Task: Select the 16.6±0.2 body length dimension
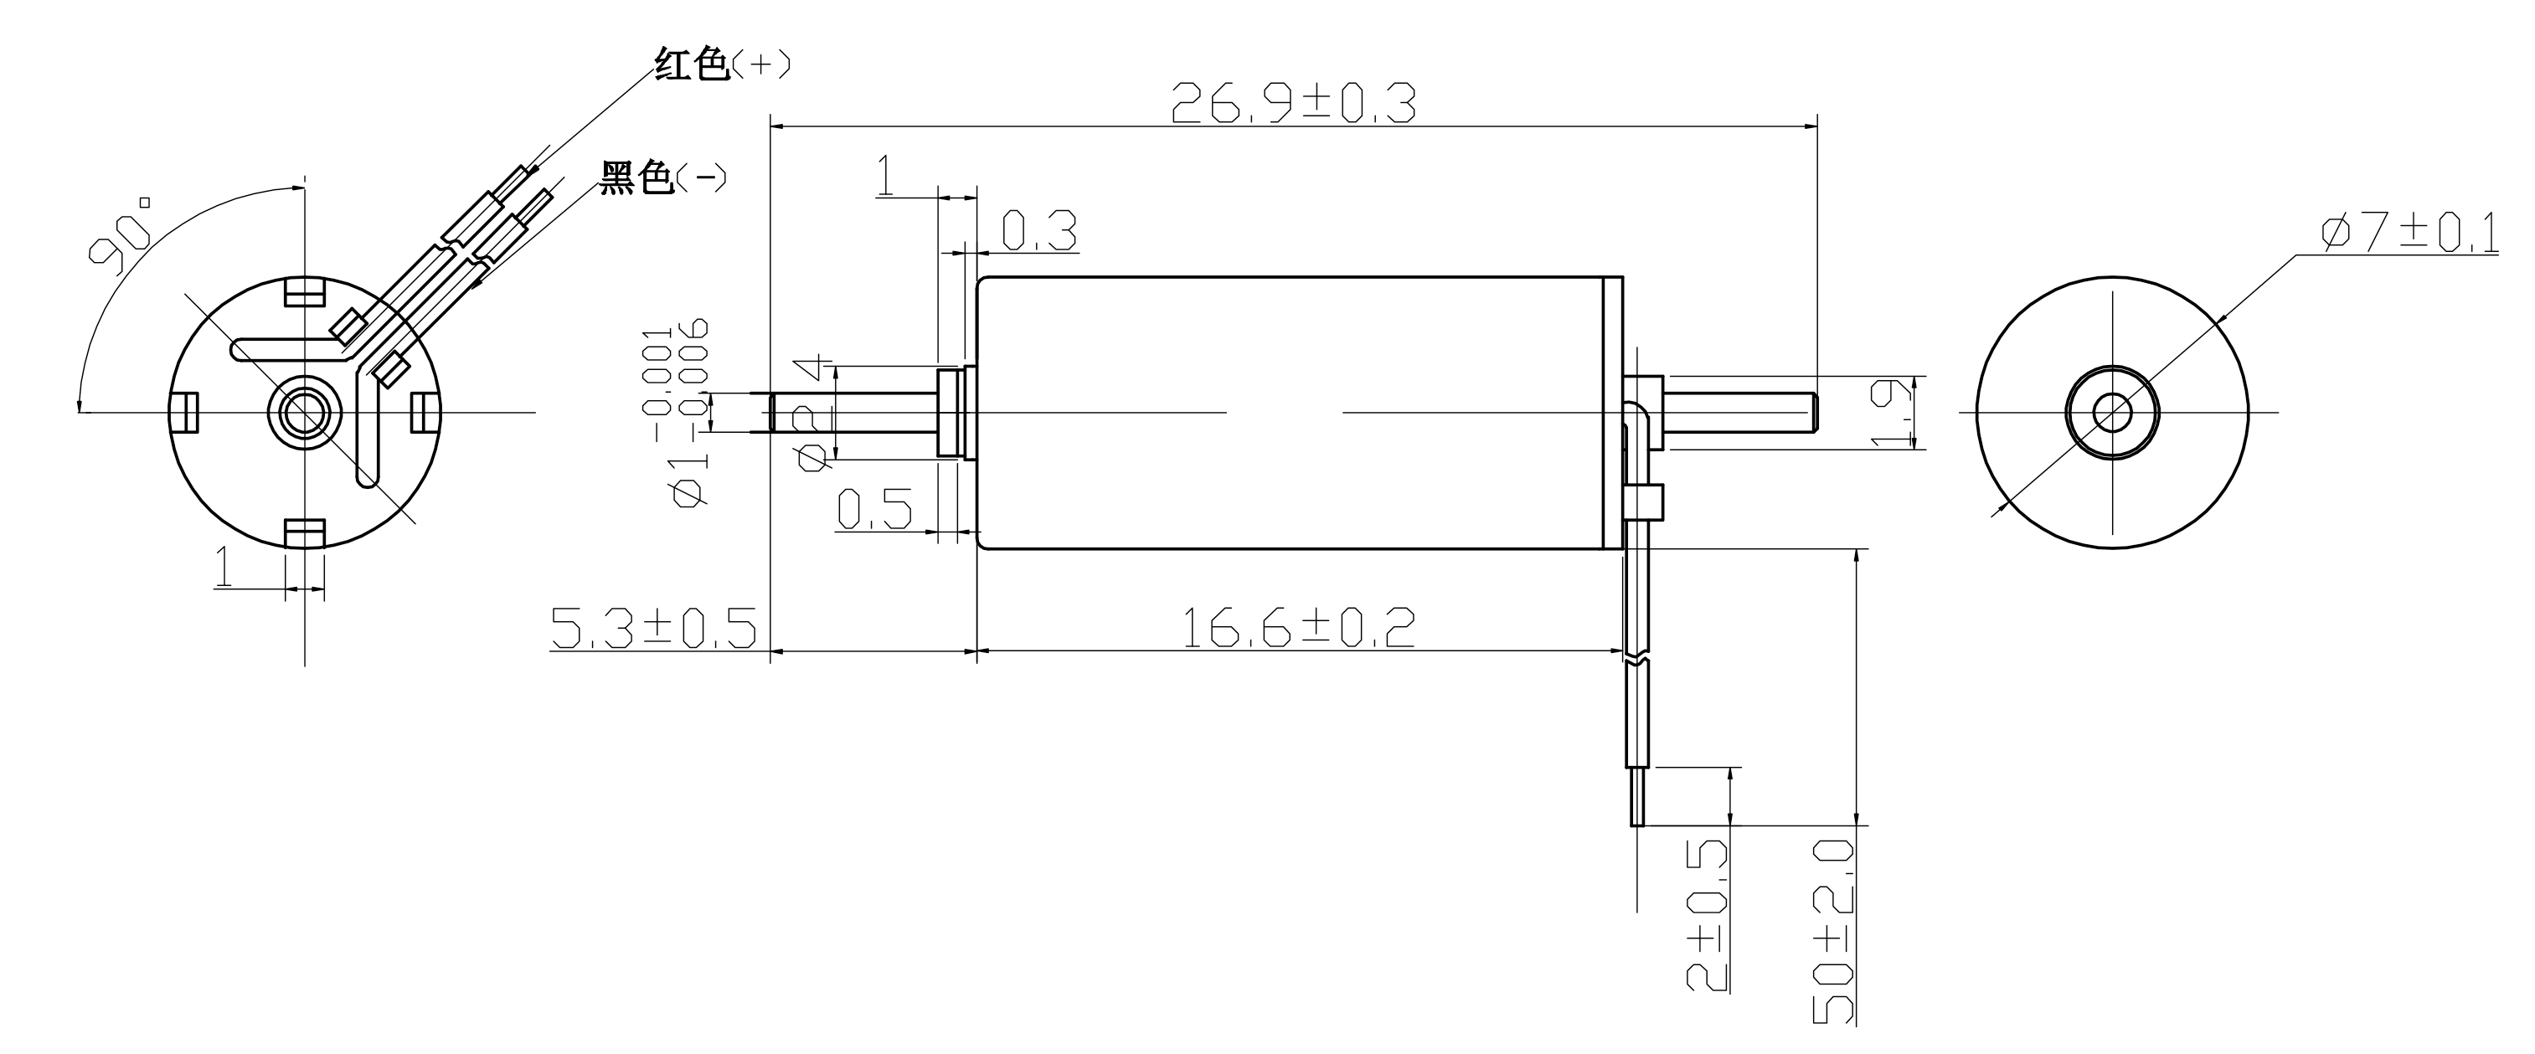click(1297, 628)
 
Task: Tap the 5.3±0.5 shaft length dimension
click(653, 628)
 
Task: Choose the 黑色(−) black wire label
click(663, 178)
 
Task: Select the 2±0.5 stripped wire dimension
click(1708, 915)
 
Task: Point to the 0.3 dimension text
click(1038, 231)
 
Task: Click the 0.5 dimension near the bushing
click(873, 509)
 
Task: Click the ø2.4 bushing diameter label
click(816, 414)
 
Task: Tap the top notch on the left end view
click(305, 292)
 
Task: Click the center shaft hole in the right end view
click(2112, 413)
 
